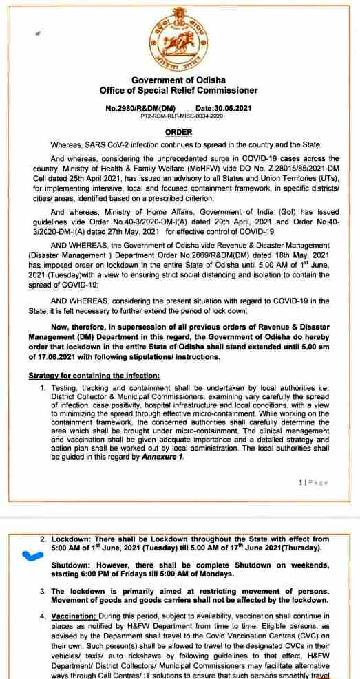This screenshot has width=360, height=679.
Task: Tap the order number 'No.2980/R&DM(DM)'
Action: (140, 108)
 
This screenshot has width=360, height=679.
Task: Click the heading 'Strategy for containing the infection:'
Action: (94, 375)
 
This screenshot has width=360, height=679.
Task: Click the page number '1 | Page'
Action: (313, 482)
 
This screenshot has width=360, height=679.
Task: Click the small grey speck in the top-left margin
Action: (38, 32)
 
